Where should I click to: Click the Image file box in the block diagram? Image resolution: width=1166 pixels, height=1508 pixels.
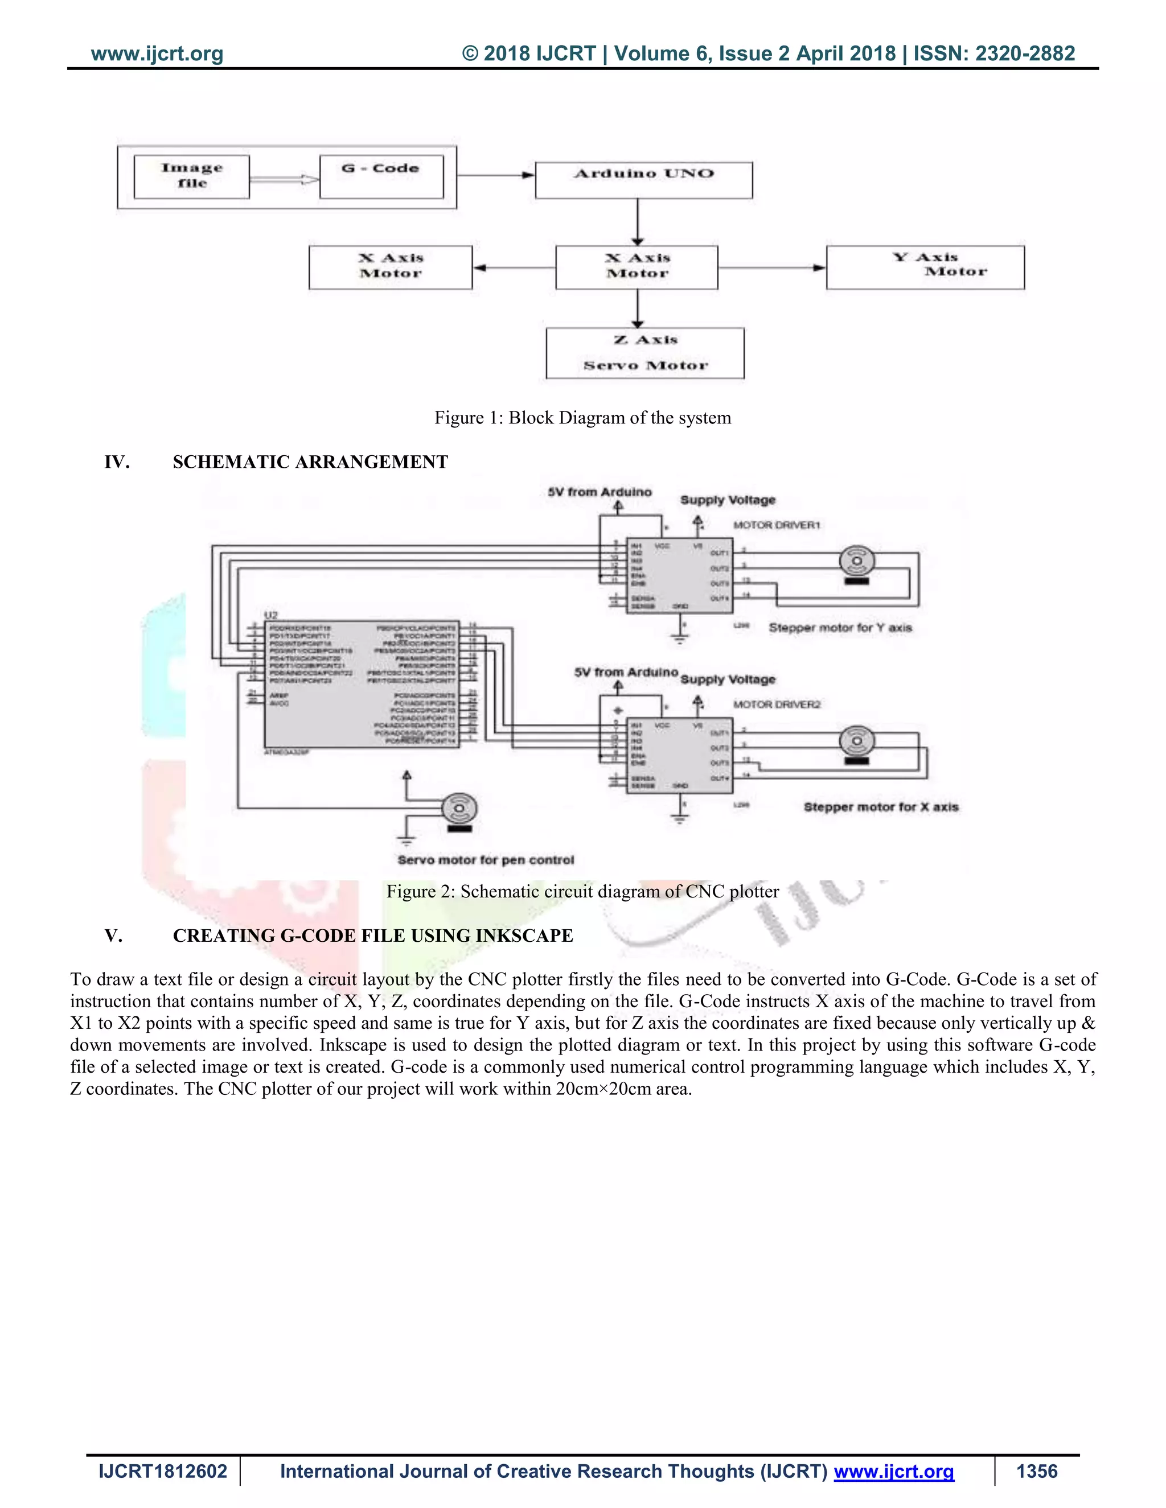(191, 177)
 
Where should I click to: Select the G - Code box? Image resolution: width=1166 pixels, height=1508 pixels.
(381, 177)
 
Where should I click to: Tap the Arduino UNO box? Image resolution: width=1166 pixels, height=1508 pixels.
(643, 180)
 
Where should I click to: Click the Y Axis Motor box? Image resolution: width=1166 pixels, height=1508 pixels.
(925, 267)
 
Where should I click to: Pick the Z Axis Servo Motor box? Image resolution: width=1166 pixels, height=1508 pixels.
(644, 353)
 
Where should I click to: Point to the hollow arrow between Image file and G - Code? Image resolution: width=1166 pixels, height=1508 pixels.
(284, 179)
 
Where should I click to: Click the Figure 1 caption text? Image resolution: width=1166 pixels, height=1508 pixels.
(582, 418)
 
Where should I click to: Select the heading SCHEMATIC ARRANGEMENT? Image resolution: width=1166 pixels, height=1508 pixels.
(310, 462)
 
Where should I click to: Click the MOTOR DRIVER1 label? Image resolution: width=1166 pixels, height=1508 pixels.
(777, 525)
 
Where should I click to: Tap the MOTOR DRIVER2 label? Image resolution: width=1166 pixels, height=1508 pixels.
(777, 704)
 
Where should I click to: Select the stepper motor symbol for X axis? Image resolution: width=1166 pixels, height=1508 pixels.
(856, 742)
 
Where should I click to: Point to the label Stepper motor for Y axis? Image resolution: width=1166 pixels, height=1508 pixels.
(840, 628)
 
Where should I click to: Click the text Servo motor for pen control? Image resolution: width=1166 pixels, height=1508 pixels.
(486, 860)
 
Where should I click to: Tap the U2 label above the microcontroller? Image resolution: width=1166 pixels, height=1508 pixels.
(271, 615)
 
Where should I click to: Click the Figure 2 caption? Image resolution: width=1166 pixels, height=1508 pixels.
(582, 891)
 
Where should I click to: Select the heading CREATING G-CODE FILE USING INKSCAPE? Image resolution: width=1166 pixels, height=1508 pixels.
(372, 936)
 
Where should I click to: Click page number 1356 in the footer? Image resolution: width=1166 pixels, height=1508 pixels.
(1036, 1472)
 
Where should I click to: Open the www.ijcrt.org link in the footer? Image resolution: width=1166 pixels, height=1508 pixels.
(894, 1472)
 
